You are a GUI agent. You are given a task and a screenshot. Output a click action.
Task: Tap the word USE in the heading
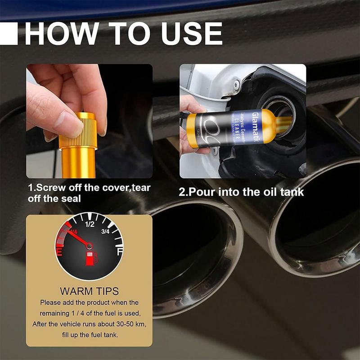(189, 34)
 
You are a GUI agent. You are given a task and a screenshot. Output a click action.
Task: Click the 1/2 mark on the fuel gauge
(89, 224)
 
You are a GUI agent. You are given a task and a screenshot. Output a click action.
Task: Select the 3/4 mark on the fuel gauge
(107, 232)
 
